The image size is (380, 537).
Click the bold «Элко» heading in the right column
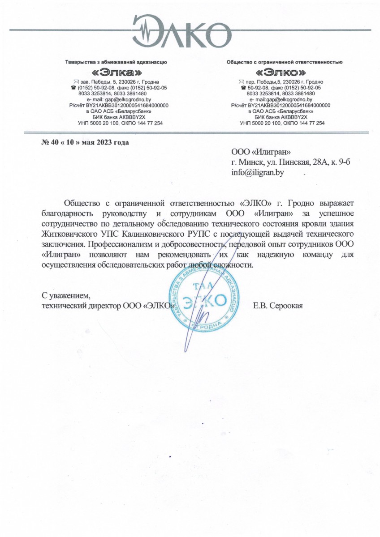(x=281, y=72)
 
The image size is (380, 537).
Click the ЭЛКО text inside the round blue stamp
(x=204, y=301)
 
